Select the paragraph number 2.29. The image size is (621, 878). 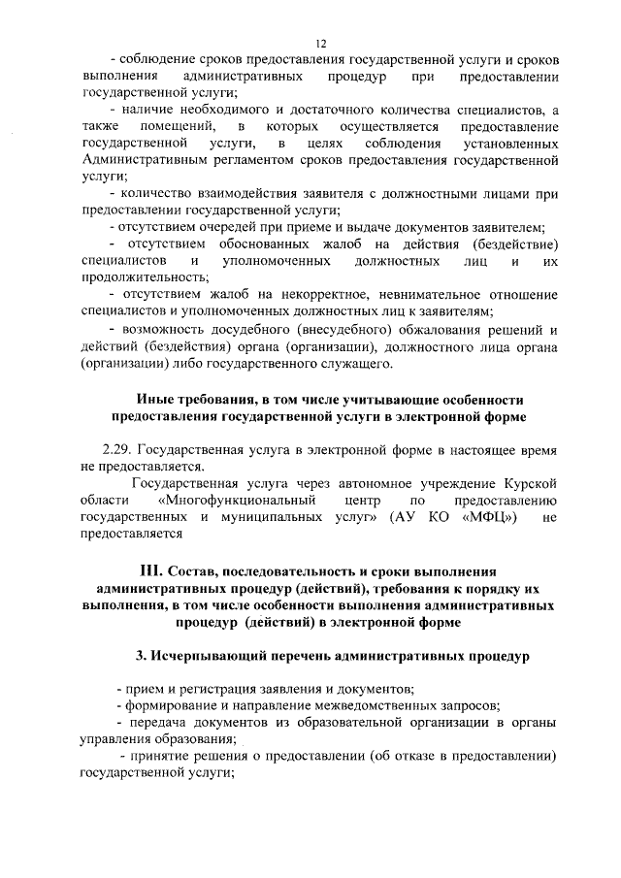pyautogui.click(x=118, y=450)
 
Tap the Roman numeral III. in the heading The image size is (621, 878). pyautogui.click(x=156, y=570)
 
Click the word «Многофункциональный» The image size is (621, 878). pyautogui.click(x=239, y=500)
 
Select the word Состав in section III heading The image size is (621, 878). pyautogui.click(x=204, y=570)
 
